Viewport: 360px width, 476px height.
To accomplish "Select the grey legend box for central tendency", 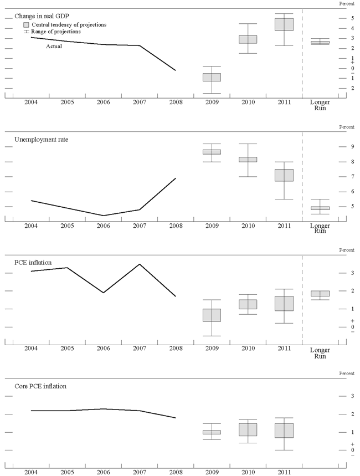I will (26, 25).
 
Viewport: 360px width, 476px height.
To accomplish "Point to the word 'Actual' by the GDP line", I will (54, 47).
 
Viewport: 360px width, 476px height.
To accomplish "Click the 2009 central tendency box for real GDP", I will (212, 77).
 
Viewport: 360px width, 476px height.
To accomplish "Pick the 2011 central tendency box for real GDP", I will (284, 24).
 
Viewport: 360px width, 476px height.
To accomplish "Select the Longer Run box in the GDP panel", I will (320, 42).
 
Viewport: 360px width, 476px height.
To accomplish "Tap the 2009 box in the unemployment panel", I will (212, 151).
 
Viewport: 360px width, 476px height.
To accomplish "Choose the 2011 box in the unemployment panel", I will (284, 175).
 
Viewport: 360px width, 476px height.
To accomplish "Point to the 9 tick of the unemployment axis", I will (337, 147).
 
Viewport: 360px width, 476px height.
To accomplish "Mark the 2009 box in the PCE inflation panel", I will (212, 315).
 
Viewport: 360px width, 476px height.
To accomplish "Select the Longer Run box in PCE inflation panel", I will (320, 294).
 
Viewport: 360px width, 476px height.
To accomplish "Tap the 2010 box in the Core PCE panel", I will (248, 429).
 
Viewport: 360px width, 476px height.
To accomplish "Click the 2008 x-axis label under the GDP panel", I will (176, 103).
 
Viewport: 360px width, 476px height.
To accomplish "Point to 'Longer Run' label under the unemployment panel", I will (320, 228).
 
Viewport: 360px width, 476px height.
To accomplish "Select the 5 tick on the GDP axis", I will (337, 18).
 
